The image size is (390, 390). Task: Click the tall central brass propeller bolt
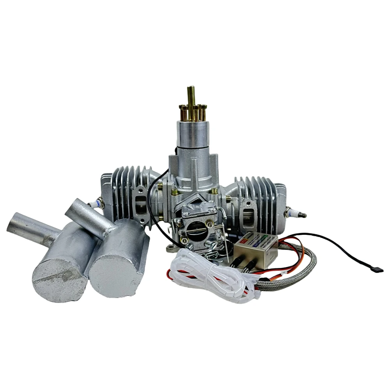pyautogui.click(x=191, y=97)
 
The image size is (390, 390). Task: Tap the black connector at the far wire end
pyautogui.click(x=378, y=269)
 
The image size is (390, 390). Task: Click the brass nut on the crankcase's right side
pyautogui.click(x=214, y=191)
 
